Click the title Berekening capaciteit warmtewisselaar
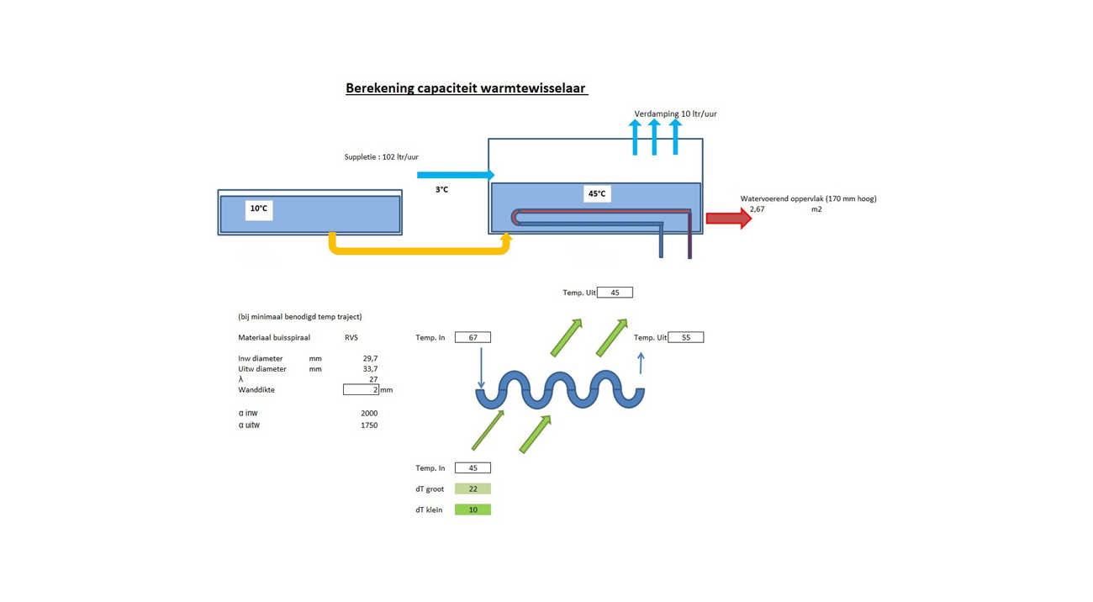[466, 88]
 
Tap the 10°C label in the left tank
[259, 209]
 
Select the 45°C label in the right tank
[596, 193]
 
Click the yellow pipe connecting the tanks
[420, 250]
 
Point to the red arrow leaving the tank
[728, 219]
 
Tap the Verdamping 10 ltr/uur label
[675, 114]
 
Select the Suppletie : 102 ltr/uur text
[381, 157]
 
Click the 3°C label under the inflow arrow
[441, 190]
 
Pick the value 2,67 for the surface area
[757, 209]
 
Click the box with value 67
[473, 337]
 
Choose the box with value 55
[685, 337]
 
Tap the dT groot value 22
[473, 488]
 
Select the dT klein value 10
[473, 510]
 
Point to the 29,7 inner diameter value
[369, 358]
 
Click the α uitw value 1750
[369, 425]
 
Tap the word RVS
[351, 337]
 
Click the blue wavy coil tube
[560, 390]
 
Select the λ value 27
[373, 380]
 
